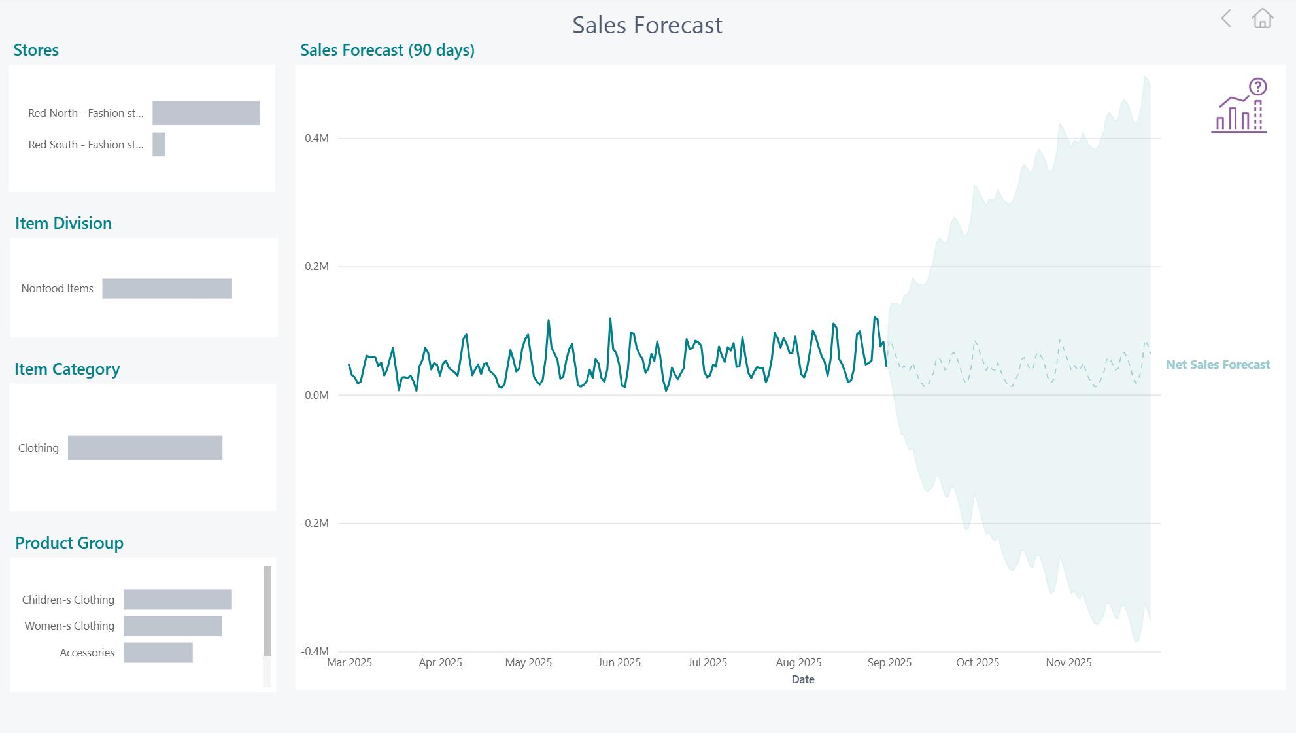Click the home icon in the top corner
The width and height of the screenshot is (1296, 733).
[x=1262, y=18]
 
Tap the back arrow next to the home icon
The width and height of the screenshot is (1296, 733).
[x=1227, y=18]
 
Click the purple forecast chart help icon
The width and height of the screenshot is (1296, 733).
[x=1240, y=106]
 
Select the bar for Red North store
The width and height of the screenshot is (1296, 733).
[x=206, y=113]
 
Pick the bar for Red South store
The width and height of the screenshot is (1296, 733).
[x=159, y=145]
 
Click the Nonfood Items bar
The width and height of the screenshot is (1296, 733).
[x=167, y=288]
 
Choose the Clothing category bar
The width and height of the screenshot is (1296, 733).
[x=145, y=448]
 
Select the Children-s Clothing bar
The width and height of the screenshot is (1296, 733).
[x=178, y=600]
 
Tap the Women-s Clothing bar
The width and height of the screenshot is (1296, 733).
[x=173, y=626]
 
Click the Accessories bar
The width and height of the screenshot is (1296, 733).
[x=158, y=653]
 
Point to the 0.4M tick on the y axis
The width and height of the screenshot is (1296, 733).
[x=316, y=138]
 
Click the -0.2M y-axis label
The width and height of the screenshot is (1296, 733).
[x=315, y=523]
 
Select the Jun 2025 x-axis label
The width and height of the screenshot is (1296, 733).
[x=619, y=662]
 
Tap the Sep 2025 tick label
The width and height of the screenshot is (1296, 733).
[x=889, y=662]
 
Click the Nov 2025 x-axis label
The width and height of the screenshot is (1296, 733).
[x=1068, y=662]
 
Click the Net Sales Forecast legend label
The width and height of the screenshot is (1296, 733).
[x=1218, y=365]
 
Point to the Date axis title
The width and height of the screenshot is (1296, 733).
[x=803, y=679]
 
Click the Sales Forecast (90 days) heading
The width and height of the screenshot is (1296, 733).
[x=387, y=50]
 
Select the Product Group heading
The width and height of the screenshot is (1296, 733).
[x=69, y=543]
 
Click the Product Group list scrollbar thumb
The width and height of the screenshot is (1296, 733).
[x=267, y=611]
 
